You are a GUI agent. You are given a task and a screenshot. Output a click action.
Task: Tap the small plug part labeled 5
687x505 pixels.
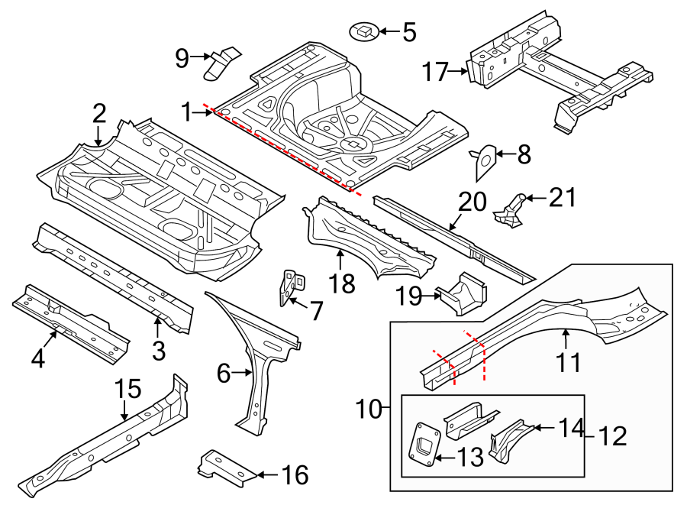click(x=364, y=31)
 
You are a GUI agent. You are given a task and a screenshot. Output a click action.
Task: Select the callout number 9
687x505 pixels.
click(x=182, y=57)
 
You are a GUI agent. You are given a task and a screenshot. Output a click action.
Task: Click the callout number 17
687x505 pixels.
click(x=436, y=73)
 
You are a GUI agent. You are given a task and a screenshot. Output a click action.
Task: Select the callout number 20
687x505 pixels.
click(x=472, y=203)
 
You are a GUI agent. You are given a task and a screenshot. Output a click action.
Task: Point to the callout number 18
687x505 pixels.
click(x=342, y=283)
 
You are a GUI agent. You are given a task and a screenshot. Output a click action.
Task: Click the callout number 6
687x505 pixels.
click(x=224, y=374)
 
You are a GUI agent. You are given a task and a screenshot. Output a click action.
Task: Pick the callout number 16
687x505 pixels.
click(x=295, y=476)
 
